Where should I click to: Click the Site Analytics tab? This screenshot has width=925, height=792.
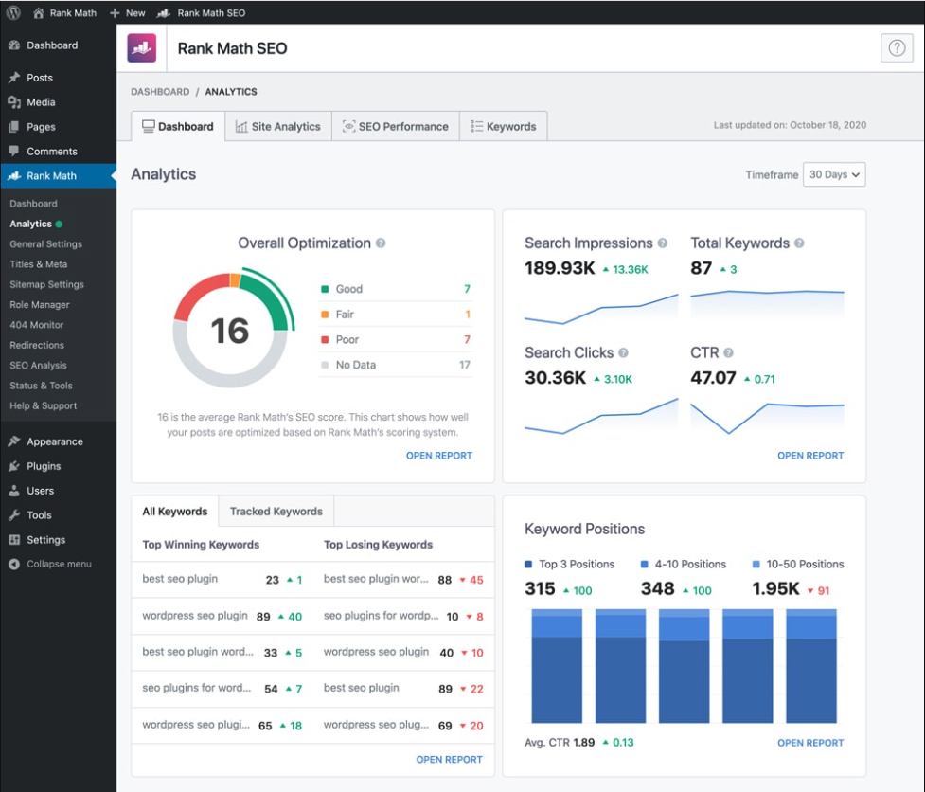tap(278, 126)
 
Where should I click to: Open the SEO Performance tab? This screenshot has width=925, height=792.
tap(395, 126)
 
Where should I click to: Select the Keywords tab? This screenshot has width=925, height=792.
tap(503, 126)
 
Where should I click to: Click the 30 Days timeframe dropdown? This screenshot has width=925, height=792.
tap(833, 174)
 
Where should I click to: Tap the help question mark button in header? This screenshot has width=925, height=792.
tap(896, 48)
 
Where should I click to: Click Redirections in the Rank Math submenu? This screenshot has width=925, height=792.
tap(37, 345)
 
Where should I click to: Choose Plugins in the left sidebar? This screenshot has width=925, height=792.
tap(44, 466)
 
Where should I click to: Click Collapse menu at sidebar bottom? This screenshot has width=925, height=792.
tap(59, 564)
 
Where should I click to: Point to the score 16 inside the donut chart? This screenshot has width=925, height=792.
tap(229, 331)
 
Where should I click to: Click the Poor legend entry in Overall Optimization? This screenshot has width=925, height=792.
tap(347, 339)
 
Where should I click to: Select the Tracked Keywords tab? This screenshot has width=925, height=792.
tap(276, 511)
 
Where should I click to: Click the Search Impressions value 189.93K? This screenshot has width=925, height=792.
tap(560, 268)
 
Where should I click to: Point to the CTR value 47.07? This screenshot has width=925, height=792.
tap(713, 378)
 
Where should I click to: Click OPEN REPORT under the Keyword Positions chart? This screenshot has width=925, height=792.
tap(809, 743)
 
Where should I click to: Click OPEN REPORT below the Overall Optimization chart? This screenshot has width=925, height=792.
tap(438, 456)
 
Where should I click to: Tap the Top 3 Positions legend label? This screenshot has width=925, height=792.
tap(576, 564)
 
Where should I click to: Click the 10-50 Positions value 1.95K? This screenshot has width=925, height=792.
tap(776, 588)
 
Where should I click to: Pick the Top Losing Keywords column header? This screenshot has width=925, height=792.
tap(378, 545)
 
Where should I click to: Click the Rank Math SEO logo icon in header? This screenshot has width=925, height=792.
tap(142, 48)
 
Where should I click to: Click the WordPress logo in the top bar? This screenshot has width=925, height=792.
tap(13, 12)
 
